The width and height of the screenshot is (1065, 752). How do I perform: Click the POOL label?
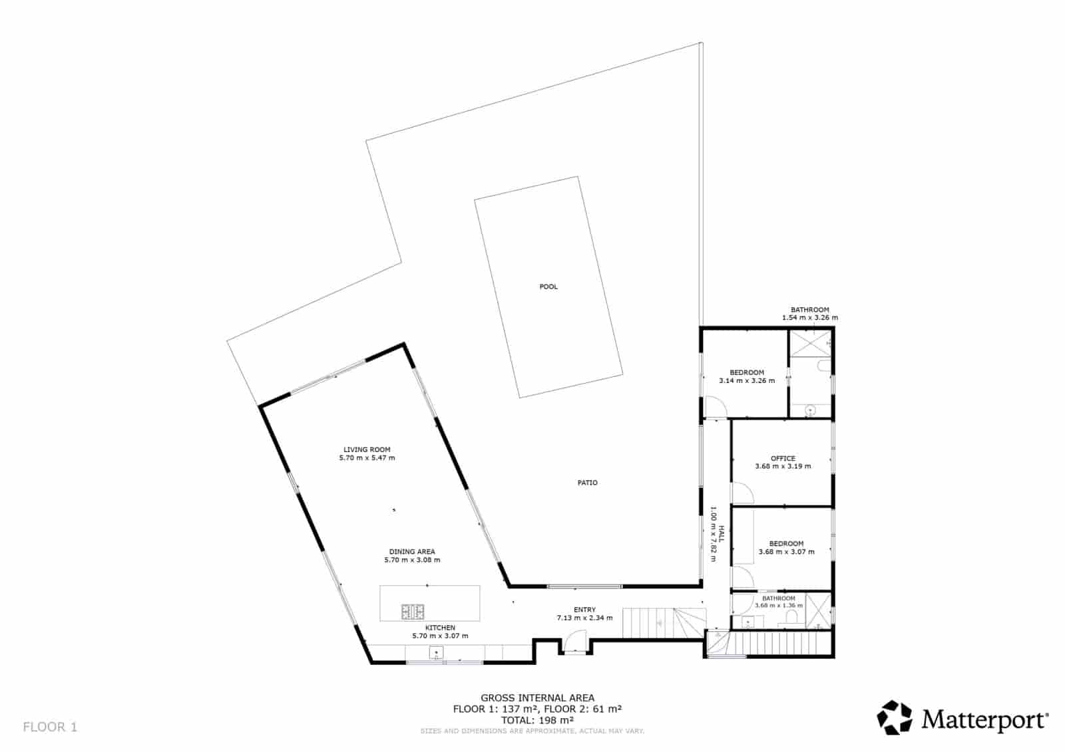pyautogui.click(x=548, y=287)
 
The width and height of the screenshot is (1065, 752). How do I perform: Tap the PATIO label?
pyautogui.click(x=587, y=483)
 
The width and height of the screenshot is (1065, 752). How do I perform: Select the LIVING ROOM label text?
pyautogui.click(x=367, y=449)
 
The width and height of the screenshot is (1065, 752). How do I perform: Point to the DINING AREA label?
pyautogui.click(x=412, y=551)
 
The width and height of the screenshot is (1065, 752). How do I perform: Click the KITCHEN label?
pyautogui.click(x=440, y=628)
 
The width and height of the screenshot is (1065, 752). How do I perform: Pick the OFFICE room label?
pyautogui.click(x=783, y=458)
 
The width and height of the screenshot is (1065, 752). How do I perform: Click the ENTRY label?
pyautogui.click(x=584, y=610)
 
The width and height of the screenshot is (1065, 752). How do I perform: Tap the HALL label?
pyautogui.click(x=721, y=534)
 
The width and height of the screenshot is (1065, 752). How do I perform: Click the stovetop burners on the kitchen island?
pyautogui.click(x=412, y=612)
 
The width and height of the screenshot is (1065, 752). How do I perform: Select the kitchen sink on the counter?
pyautogui.click(x=436, y=653)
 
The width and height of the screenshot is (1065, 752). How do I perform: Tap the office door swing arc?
pyautogui.click(x=743, y=493)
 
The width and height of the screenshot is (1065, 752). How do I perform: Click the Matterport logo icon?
pyautogui.click(x=895, y=717)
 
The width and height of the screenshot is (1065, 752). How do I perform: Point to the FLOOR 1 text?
pyautogui.click(x=50, y=727)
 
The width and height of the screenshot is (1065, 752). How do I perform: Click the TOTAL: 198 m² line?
pyautogui.click(x=537, y=720)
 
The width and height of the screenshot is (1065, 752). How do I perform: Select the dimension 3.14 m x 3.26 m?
pyautogui.click(x=746, y=380)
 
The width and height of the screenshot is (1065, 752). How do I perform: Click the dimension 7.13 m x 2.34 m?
pyautogui.click(x=584, y=618)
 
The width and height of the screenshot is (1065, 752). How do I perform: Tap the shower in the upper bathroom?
pyautogui.click(x=809, y=343)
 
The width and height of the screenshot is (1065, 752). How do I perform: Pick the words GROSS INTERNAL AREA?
pyautogui.click(x=537, y=698)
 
